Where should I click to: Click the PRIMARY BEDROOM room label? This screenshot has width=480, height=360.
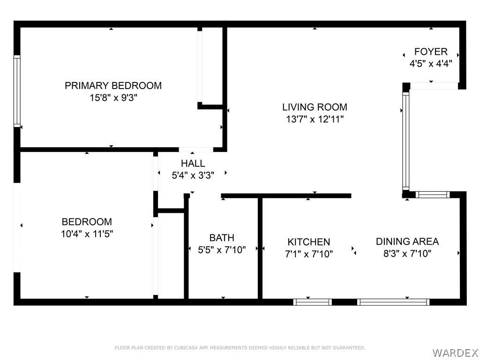click(x=113, y=85)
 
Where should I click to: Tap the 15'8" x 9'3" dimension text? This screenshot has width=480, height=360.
click(x=113, y=98)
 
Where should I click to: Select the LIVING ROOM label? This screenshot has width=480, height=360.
click(x=315, y=107)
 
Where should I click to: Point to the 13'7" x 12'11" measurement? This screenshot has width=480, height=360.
click(x=315, y=119)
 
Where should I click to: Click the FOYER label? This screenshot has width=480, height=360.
click(x=431, y=52)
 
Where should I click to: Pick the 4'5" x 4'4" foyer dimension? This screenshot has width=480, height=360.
click(x=431, y=64)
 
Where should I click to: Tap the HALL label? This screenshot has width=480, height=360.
click(x=193, y=164)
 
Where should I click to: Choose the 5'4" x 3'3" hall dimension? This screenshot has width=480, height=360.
click(x=193, y=175)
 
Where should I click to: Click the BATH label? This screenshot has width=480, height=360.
click(x=222, y=238)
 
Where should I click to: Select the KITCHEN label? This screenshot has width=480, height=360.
click(x=308, y=242)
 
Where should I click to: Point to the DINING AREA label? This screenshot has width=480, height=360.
click(x=407, y=241)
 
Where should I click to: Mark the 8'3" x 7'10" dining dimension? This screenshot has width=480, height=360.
click(x=407, y=254)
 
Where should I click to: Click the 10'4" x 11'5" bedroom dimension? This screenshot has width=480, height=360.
click(x=87, y=234)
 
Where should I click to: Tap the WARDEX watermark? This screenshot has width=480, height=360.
click(x=455, y=353)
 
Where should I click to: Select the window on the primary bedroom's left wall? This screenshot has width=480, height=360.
click(x=17, y=91)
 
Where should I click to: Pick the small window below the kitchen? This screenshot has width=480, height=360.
click(x=313, y=302)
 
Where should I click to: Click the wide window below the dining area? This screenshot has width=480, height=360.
click(x=393, y=302)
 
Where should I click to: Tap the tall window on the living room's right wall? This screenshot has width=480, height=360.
click(x=405, y=141)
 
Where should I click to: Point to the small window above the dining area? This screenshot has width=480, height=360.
click(x=433, y=195)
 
